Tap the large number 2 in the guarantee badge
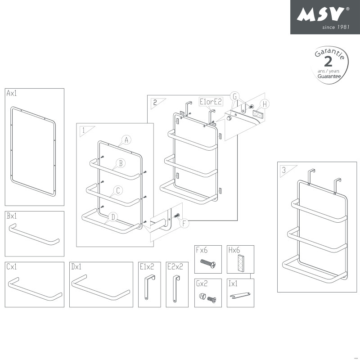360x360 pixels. pos(328,62)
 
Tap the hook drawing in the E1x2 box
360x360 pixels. pos(148,288)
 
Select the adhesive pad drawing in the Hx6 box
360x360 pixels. pos(240,263)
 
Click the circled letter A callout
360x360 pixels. pos(126,140)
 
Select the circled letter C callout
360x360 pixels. pos(117,190)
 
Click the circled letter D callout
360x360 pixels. pos(113,217)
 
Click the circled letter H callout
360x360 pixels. pos(265,104)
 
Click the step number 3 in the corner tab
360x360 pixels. pos(283,170)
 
